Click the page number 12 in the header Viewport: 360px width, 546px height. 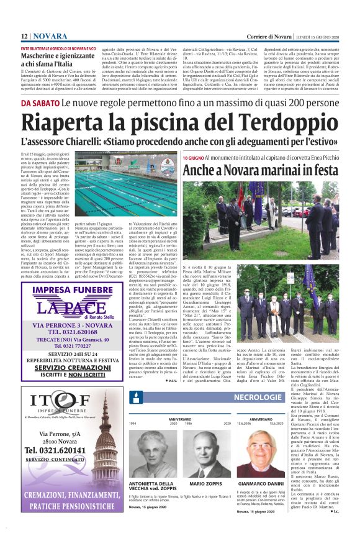tap(24, 37)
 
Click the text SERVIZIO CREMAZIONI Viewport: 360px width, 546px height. tap(72, 368)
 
